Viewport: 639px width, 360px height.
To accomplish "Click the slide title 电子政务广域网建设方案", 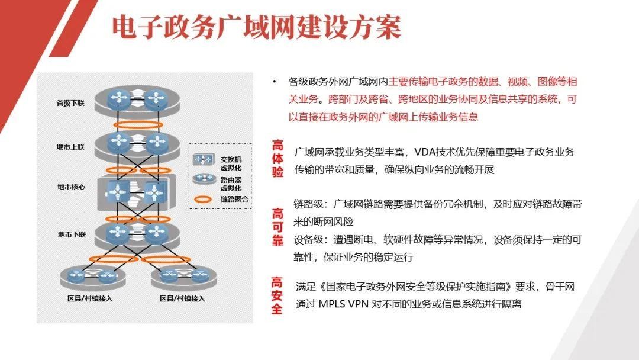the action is click(257, 28).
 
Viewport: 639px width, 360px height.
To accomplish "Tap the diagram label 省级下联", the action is click(70, 103).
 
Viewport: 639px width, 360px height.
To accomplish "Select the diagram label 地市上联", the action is click(70, 147).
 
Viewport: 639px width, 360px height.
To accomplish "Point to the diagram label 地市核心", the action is click(72, 187).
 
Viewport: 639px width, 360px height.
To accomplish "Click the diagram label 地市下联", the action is click(72, 234).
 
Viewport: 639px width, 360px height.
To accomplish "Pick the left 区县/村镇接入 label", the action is click(90, 298).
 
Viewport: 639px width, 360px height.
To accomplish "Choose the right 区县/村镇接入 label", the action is click(182, 298).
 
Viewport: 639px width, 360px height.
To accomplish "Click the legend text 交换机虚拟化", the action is click(231, 163).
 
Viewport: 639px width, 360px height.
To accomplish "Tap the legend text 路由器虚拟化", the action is click(231, 184).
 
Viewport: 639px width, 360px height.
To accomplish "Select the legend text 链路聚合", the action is click(234, 199).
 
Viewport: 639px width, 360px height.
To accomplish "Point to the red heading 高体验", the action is click(277, 159).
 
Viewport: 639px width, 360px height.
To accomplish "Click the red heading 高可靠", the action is click(277, 227).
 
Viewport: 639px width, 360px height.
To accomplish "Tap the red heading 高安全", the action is click(277, 295).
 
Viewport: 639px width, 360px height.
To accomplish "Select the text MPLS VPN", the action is click(344, 304).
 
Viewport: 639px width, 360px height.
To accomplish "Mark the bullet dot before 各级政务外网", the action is click(275, 82).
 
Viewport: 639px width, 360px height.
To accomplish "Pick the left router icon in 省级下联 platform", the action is click(119, 98).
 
